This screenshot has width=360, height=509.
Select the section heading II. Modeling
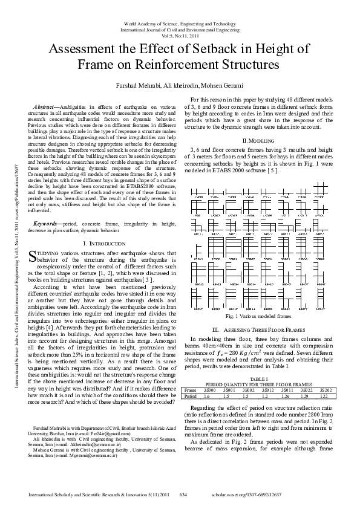click(x=258, y=140)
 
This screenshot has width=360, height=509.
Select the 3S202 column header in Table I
click(x=325, y=390)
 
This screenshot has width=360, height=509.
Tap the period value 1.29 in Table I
click(x=306, y=396)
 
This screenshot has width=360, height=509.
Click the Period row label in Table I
click(x=190, y=396)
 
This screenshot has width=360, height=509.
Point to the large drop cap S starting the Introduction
click(x=33, y=240)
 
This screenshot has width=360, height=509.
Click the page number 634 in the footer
click(x=184, y=495)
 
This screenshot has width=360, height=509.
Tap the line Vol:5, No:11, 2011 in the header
click(x=180, y=35)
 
